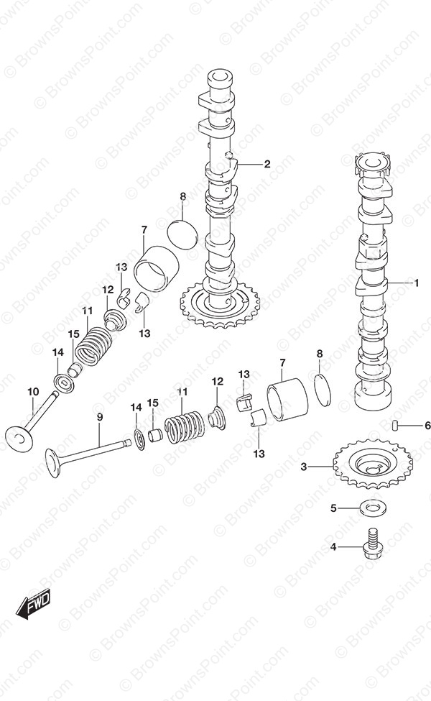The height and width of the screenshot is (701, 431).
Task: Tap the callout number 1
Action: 416,283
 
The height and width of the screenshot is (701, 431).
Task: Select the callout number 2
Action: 267,164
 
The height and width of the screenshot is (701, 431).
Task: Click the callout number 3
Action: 304,467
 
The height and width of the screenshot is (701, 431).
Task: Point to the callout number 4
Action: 333,508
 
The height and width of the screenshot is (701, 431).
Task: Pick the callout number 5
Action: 427,426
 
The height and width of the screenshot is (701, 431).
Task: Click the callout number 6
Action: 100,417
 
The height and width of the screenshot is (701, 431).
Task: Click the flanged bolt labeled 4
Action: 373,509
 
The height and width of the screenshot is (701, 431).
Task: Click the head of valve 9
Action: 93,345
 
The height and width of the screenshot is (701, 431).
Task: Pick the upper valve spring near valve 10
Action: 185,427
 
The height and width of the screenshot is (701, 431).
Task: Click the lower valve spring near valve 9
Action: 182,234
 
